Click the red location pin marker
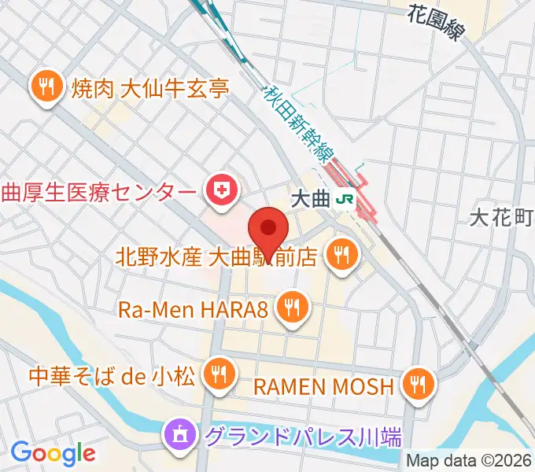point(268,229)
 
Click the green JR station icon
point(344,200)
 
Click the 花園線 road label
point(437,21)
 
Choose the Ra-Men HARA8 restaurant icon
point(293,307)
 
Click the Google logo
point(53,453)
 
